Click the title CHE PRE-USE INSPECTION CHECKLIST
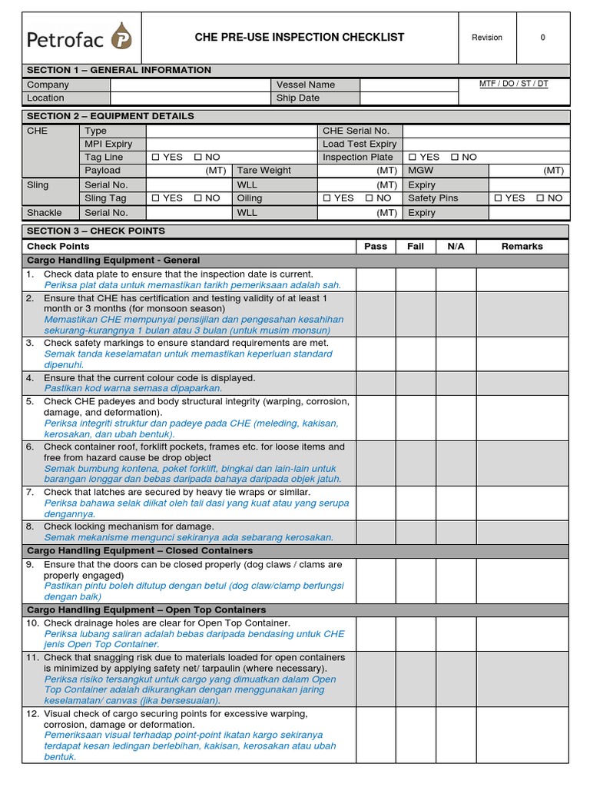tap(300, 37)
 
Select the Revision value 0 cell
tap(542, 38)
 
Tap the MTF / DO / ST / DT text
tap(513, 84)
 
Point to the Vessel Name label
tap(305, 85)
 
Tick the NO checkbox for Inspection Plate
tap(454, 157)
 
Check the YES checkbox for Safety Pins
tap(499, 198)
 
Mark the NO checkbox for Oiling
tap(369, 198)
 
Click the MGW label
tap(421, 171)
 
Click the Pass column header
tap(376, 247)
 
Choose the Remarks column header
tap(522, 247)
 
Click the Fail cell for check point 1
tap(415, 280)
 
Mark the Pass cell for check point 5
tap(376, 417)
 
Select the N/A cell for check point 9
tap(456, 580)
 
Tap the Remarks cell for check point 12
tap(522, 736)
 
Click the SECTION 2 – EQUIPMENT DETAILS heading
tap(111, 116)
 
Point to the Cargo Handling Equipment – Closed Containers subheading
tap(140, 551)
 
